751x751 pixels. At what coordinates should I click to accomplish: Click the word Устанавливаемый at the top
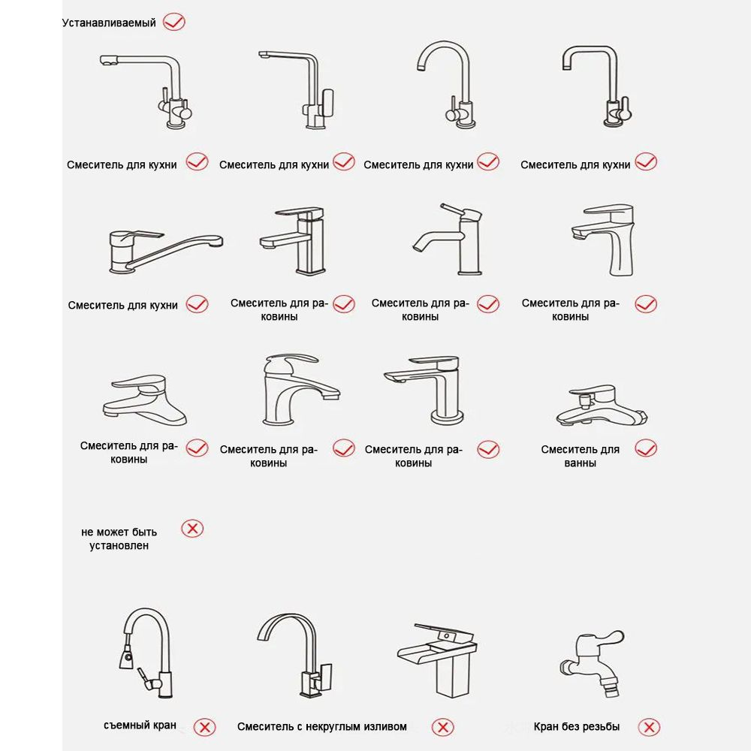109,23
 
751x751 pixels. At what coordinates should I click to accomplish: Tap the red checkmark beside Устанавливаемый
174,22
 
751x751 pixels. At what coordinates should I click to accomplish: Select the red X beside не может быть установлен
192,529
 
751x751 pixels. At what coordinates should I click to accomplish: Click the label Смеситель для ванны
580,456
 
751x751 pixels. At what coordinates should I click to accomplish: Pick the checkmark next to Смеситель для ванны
646,448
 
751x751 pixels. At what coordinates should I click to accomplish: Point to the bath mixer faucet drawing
602,406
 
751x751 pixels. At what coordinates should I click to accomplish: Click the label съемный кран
140,725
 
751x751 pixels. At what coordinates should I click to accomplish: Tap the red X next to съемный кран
204,727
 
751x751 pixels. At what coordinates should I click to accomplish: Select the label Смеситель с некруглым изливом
322,726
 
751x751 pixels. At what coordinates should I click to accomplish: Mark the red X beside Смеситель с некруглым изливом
442,727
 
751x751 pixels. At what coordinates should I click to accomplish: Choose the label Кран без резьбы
577,726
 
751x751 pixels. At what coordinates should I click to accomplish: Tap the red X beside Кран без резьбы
649,727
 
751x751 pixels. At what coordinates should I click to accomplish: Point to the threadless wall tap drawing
592,663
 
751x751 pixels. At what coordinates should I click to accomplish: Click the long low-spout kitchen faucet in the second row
166,251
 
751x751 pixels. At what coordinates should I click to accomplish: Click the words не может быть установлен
119,538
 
